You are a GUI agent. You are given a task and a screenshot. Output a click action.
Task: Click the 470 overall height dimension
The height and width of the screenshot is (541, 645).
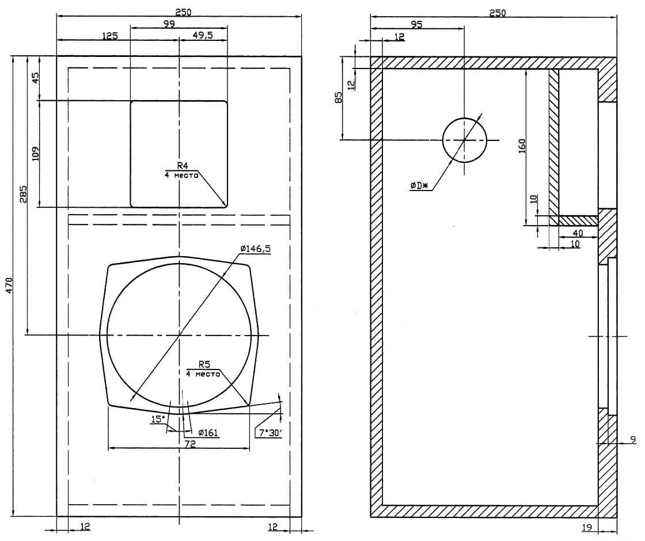[x=9, y=286]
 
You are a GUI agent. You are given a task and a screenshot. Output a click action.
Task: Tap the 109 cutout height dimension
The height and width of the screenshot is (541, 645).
[x=35, y=154]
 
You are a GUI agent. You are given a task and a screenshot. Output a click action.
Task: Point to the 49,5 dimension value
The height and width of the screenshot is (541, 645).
[x=202, y=35]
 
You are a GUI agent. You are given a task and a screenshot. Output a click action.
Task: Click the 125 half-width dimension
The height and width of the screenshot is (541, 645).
[x=109, y=36]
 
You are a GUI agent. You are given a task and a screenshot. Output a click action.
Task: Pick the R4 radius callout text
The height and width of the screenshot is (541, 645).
[x=182, y=165]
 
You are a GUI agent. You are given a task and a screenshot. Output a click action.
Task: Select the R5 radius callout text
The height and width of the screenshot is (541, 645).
[x=204, y=364]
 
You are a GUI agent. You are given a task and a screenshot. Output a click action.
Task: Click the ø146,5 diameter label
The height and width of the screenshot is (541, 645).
[x=256, y=249]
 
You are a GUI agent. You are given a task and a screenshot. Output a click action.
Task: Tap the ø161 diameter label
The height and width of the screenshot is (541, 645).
[x=208, y=432]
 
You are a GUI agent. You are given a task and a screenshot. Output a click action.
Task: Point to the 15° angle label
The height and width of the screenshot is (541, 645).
[x=158, y=420]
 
